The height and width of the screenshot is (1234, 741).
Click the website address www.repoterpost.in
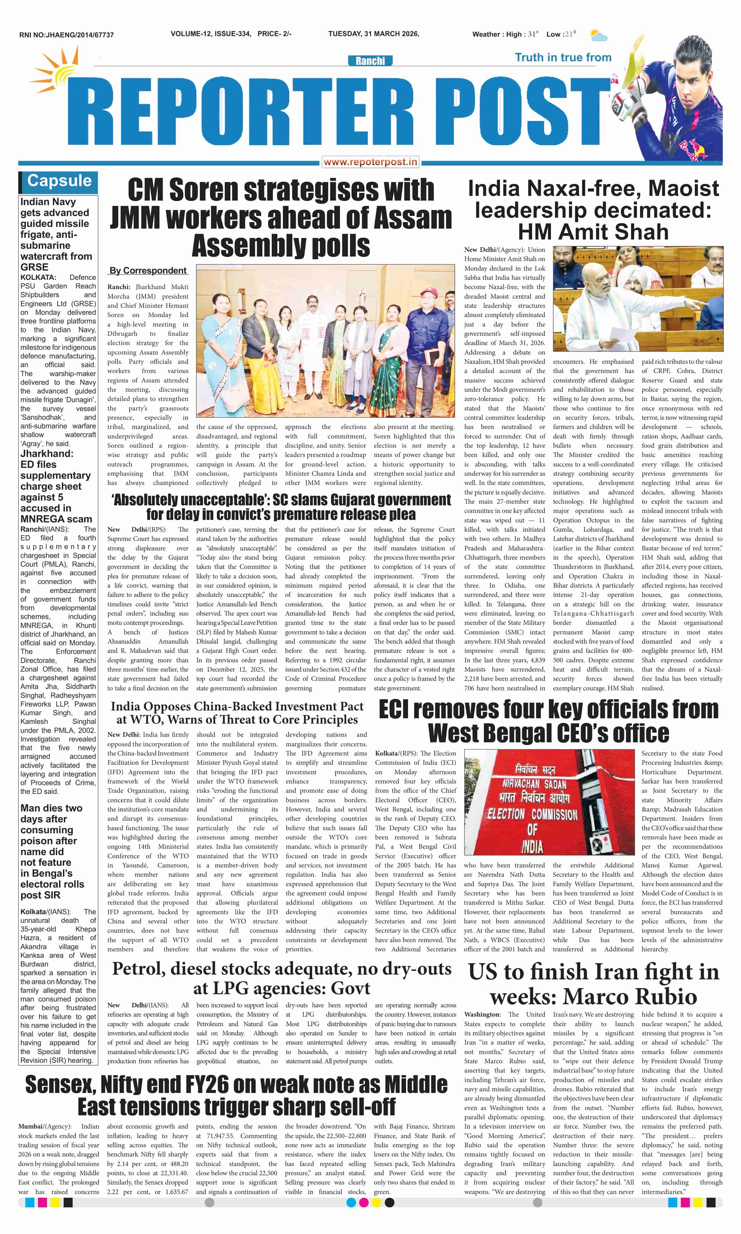[370, 162]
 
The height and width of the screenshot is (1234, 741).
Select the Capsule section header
[59, 181]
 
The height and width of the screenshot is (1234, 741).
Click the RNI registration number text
[67, 35]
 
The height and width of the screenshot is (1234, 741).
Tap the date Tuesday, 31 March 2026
[374, 34]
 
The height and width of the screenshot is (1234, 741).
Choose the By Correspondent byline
[148, 270]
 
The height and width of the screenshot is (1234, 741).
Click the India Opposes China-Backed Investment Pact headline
[237, 712]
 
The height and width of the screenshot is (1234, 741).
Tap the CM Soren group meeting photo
[325, 341]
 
